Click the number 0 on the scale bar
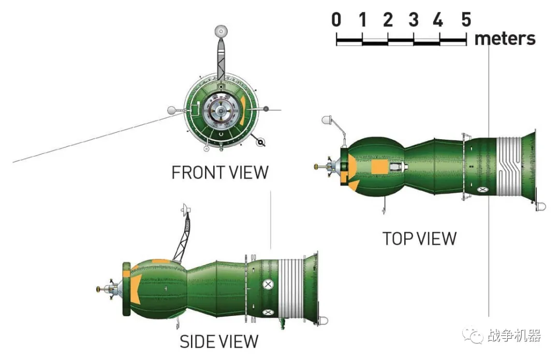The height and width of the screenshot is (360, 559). coord(336,20)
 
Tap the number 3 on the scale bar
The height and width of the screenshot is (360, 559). coord(413,20)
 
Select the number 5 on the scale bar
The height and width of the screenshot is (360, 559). coord(466,20)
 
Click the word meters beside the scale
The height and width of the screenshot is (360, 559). coord(505,38)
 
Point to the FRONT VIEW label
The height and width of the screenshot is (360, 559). coord(220,172)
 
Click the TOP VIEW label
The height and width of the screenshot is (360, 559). coord(419,238)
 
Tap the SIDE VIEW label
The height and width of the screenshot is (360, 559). coord(218,341)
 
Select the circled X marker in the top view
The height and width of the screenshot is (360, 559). coord(483,190)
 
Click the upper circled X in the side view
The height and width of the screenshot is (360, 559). coord(268,284)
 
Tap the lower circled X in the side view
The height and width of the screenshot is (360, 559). coord(268,311)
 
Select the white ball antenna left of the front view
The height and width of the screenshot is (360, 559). coord(172,110)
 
